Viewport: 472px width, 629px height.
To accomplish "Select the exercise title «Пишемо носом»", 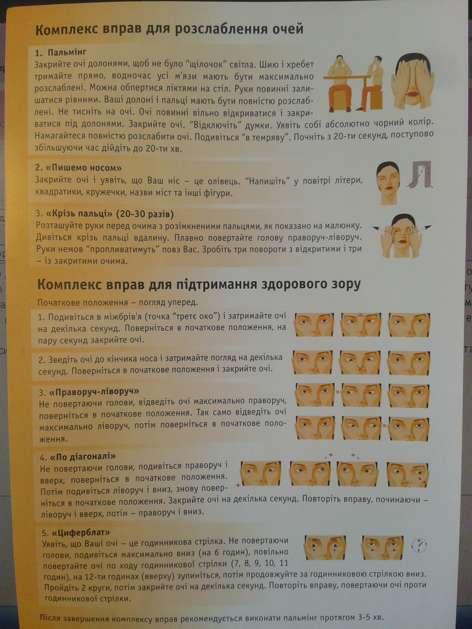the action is [83, 168].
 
